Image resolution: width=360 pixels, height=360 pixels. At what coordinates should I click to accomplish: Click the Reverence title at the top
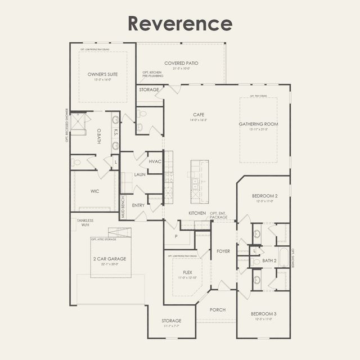[x=179, y=23]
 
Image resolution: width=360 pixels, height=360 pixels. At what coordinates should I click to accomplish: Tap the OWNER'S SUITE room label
[x=103, y=74]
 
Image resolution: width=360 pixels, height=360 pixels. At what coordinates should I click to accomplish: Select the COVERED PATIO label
[x=181, y=63]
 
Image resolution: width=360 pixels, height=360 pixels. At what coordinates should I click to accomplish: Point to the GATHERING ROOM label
[x=258, y=124]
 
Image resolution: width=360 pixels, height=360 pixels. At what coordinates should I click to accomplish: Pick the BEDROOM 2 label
[x=264, y=195]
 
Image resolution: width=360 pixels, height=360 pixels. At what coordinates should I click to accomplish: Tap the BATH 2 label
[x=269, y=261]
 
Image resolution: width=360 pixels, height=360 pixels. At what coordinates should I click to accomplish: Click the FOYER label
[x=223, y=251]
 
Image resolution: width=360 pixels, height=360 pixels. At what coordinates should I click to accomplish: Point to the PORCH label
[x=218, y=310]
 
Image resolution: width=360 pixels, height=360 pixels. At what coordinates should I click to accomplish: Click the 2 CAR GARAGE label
[x=110, y=259]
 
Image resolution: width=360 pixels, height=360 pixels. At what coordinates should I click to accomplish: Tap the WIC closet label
[x=95, y=191]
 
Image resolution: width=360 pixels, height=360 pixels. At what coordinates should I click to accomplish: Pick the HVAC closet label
[x=155, y=161]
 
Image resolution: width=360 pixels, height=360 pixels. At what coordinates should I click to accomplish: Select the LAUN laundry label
[x=139, y=174]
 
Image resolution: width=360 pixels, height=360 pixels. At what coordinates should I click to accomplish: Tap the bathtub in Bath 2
[x=283, y=258]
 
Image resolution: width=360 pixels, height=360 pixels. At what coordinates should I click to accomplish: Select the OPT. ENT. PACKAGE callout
[x=219, y=215]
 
